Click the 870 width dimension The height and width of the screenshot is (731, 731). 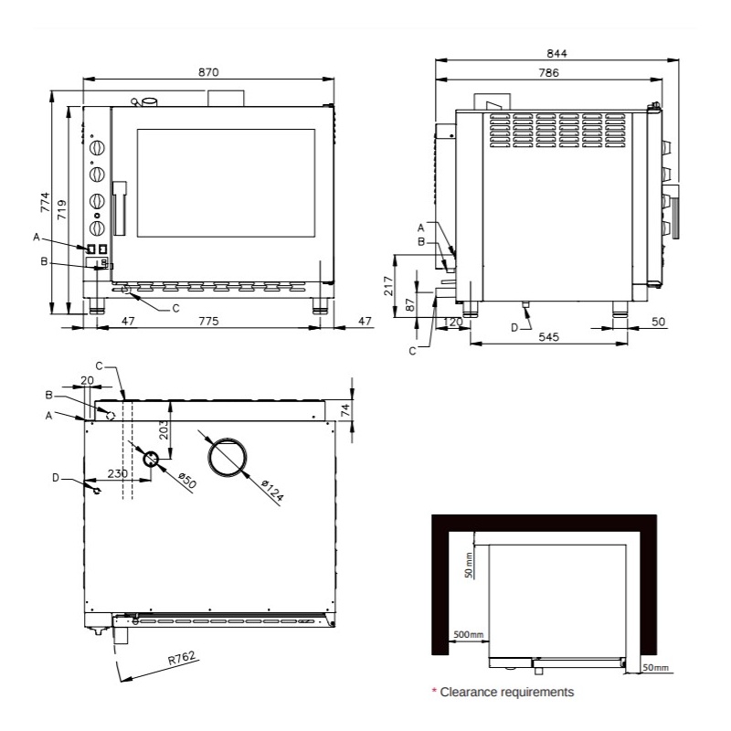[208, 72]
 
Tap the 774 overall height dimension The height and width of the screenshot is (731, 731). [45, 202]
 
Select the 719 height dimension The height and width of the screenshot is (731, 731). [61, 210]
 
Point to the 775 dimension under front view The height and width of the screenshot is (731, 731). [208, 322]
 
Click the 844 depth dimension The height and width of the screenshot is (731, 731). [556, 54]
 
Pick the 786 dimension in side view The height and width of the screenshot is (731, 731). [549, 73]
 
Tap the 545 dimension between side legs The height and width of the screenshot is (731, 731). [549, 336]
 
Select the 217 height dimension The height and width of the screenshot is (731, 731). [388, 286]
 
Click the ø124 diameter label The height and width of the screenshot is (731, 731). [272, 490]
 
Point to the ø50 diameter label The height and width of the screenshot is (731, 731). [187, 481]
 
